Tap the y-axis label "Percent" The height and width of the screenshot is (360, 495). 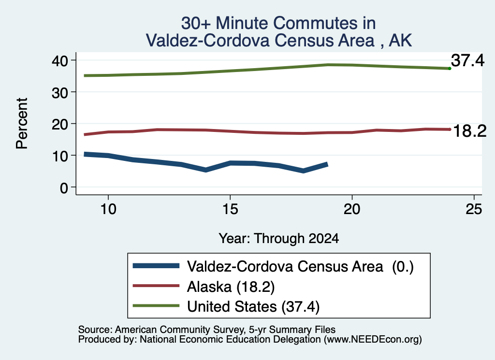(x=22, y=123)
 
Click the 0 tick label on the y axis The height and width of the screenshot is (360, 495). (x=64, y=188)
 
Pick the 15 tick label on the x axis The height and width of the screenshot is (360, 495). (x=230, y=209)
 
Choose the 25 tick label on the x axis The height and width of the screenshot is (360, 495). (x=474, y=209)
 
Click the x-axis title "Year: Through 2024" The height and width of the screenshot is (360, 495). (x=279, y=238)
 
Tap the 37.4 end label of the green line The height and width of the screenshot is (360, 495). (x=467, y=60)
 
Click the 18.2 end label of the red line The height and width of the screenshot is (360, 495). (x=470, y=131)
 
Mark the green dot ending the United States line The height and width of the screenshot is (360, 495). (x=450, y=69)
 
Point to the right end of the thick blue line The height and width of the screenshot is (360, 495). (x=327, y=164)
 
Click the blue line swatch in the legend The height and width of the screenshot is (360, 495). (x=156, y=266)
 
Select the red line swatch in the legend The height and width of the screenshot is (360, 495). (x=156, y=286)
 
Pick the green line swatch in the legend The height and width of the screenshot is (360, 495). (x=156, y=306)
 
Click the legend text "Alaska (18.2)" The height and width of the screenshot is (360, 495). (x=231, y=287)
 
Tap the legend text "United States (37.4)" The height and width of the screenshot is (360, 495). (x=253, y=307)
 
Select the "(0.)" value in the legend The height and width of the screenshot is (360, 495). (x=403, y=267)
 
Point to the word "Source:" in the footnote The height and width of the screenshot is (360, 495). (x=95, y=330)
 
